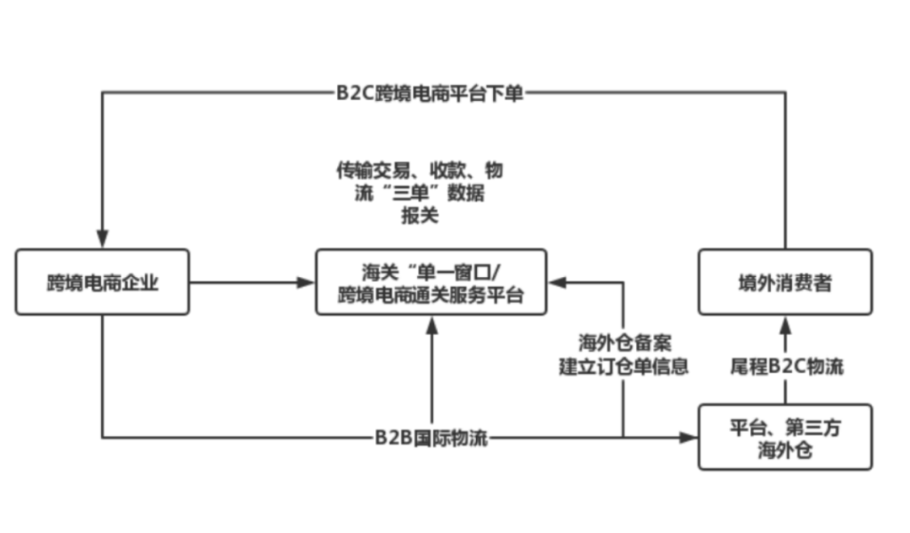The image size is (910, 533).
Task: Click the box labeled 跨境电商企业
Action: (x=102, y=282)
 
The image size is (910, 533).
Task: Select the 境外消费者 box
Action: (x=785, y=282)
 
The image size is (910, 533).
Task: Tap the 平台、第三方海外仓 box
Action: (x=785, y=437)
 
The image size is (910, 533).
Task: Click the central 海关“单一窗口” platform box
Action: (x=431, y=282)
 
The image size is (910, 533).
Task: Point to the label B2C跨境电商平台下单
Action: (x=430, y=93)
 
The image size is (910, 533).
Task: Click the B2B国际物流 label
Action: (x=431, y=438)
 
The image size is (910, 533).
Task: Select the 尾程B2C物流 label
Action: (x=786, y=366)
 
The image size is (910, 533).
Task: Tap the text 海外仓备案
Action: (x=624, y=343)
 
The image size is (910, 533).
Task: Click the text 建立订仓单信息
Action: (x=624, y=366)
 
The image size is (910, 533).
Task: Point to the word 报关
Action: (x=420, y=216)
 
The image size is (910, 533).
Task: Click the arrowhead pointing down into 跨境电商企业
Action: (x=102, y=239)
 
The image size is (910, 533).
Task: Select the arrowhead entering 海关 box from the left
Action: (x=306, y=282)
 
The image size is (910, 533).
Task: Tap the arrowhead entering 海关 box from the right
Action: (x=557, y=282)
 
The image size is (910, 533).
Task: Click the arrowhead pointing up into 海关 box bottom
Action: (x=431, y=325)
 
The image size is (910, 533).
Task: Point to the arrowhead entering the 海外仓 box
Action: (x=688, y=437)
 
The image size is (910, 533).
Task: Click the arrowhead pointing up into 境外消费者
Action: (x=785, y=325)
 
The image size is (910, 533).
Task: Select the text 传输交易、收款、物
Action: (x=420, y=171)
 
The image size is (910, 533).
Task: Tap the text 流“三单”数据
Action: (x=420, y=193)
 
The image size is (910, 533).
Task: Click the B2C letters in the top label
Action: (x=356, y=93)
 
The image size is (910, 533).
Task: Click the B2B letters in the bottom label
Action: (x=393, y=438)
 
